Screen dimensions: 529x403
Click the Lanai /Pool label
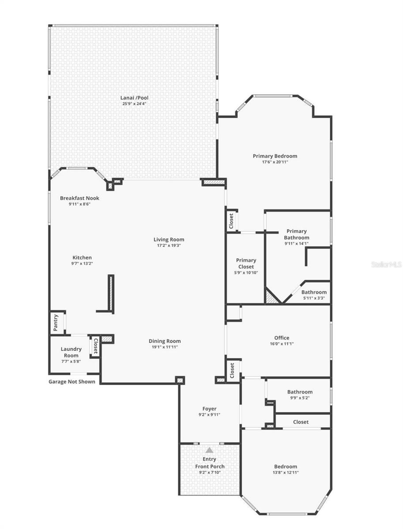click(135, 97)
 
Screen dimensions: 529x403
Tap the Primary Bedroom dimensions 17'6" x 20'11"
click(275, 162)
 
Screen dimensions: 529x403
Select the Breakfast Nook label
click(79, 198)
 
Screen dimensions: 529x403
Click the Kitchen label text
click(82, 257)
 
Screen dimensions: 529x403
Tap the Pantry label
click(56, 323)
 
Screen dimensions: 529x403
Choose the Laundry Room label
click(71, 352)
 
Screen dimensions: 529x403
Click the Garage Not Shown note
click(72, 382)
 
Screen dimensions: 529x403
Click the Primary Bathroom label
click(296, 234)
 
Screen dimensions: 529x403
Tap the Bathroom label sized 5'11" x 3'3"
click(314, 292)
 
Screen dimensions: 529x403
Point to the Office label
click(282, 338)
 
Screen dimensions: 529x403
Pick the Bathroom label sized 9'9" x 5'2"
click(300, 391)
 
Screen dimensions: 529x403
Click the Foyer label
click(209, 409)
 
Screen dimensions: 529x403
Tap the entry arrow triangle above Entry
click(209, 450)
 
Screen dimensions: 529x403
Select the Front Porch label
click(210, 466)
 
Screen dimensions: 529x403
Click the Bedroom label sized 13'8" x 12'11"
click(286, 466)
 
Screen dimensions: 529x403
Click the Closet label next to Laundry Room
click(95, 346)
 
